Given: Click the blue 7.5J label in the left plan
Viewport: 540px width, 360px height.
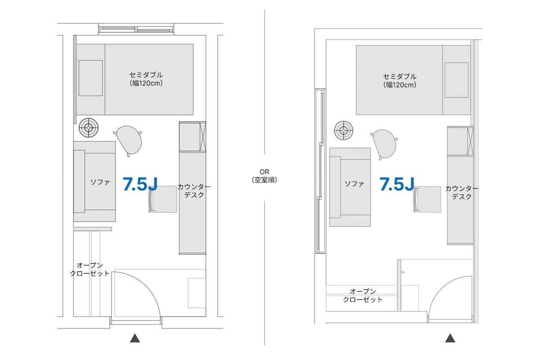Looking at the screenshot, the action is [x=140, y=184].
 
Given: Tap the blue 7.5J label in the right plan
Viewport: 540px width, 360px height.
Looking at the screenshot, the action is [x=397, y=184].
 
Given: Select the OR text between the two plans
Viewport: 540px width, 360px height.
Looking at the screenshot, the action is [x=265, y=172].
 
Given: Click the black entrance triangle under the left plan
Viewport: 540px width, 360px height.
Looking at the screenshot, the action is [x=135, y=338].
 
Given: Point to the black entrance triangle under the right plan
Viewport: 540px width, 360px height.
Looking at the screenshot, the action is [x=450, y=338].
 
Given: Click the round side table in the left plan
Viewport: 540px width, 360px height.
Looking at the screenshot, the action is [x=89, y=127].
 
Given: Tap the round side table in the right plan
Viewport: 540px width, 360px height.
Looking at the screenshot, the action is [x=343, y=130].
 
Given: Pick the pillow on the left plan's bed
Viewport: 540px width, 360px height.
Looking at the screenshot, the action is [x=90, y=78].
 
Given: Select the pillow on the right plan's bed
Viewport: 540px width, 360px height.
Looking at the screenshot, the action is [x=457, y=80].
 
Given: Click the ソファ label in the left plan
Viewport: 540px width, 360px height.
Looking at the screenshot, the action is [x=100, y=182].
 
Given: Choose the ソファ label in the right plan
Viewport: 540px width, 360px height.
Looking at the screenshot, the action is [x=354, y=184].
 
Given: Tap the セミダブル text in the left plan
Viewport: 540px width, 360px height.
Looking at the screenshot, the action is [x=146, y=75].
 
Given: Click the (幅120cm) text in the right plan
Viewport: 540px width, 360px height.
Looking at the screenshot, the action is [x=400, y=85].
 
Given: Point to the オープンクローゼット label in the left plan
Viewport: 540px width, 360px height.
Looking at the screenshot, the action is [x=90, y=270].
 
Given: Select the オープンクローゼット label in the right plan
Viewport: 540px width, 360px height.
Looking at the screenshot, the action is [x=363, y=296].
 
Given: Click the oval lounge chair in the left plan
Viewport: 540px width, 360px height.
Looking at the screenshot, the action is [x=129, y=140].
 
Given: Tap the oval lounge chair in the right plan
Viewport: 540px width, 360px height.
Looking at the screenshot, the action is [x=384, y=144].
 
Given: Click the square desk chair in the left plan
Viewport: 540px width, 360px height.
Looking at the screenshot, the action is [x=162, y=199].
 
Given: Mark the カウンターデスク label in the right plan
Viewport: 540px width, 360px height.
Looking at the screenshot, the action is [x=462, y=193].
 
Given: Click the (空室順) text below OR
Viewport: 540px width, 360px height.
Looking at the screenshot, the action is [x=265, y=180].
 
